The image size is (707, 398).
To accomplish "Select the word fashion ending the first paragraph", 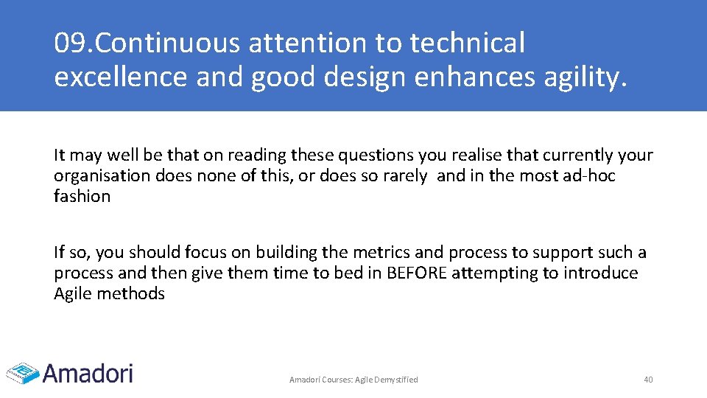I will (82, 197).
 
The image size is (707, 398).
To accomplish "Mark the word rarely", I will (404, 176).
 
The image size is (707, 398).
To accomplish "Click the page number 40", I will (648, 380).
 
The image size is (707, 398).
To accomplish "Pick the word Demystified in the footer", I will (397, 380).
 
